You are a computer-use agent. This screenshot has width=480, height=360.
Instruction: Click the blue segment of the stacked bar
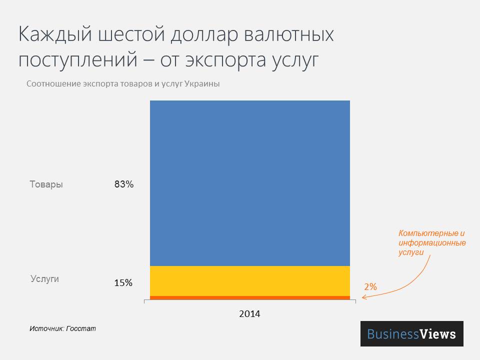pos(250,183)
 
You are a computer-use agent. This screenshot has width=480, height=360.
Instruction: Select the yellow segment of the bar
pos(250,280)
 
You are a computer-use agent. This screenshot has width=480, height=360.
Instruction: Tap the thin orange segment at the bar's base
pos(250,298)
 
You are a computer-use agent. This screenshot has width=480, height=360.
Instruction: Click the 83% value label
pos(124,184)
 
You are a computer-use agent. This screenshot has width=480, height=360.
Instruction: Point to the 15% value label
pos(123,283)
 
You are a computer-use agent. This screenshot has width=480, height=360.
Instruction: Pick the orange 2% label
pos(370,287)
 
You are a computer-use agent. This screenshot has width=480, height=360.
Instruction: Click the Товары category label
pos(46,184)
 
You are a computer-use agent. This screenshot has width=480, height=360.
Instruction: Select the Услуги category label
pos(44,279)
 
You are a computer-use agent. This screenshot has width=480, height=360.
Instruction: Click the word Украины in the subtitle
pos(202,84)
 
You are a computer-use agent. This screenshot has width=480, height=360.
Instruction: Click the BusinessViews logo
pos(411,333)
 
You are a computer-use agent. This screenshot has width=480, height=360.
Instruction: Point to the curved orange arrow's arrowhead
pos(363,298)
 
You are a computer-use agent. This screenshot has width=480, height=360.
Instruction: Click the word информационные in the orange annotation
pos(432,243)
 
